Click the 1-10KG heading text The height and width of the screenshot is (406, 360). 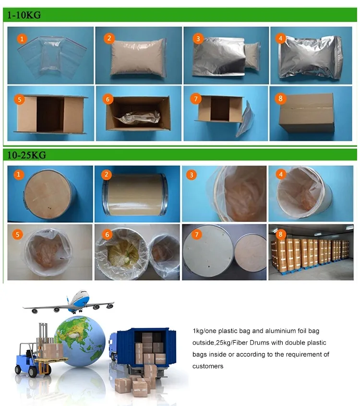[23, 15]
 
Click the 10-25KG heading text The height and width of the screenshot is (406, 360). [26, 155]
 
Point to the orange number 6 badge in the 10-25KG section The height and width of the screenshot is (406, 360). [108, 235]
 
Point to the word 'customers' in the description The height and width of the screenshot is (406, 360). [208, 366]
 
